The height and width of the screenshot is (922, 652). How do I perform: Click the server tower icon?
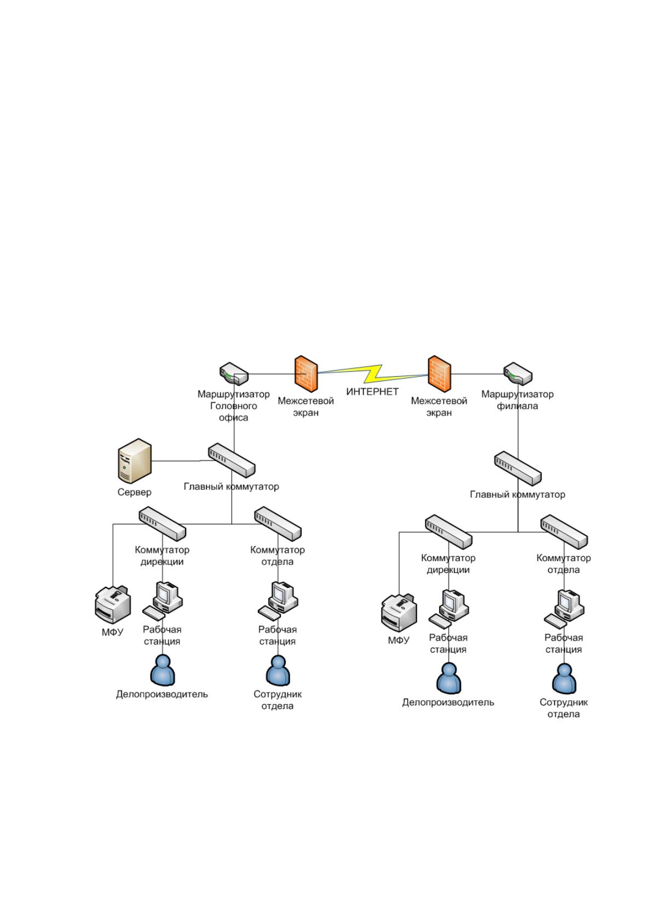pyautogui.click(x=134, y=460)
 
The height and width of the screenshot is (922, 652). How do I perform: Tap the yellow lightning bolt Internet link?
pyautogui.click(x=373, y=373)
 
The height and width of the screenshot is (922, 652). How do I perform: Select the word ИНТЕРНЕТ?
pyautogui.click(x=372, y=391)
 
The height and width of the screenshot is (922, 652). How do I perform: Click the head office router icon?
pyautogui.click(x=233, y=373)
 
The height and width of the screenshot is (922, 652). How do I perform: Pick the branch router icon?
pyautogui.click(x=518, y=373)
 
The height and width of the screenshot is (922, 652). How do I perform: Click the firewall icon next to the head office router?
pyautogui.click(x=306, y=374)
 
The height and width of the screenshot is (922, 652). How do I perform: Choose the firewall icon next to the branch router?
pyautogui.click(x=439, y=374)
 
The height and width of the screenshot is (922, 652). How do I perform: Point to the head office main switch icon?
pyautogui.click(x=232, y=460)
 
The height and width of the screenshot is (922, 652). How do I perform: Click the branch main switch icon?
pyautogui.click(x=518, y=469)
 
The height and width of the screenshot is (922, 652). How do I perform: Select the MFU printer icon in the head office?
pyautogui.click(x=113, y=604)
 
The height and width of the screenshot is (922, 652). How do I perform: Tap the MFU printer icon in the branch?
pyautogui.click(x=399, y=613)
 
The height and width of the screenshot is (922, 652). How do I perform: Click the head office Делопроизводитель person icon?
pyautogui.click(x=163, y=671)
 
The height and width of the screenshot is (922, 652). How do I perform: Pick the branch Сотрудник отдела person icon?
pyautogui.click(x=564, y=679)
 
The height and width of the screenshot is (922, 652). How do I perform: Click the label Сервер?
pyautogui.click(x=134, y=492)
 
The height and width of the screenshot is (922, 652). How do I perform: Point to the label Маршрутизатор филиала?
pyautogui.click(x=517, y=400)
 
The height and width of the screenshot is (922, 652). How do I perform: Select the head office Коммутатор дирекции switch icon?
pyautogui.click(x=162, y=523)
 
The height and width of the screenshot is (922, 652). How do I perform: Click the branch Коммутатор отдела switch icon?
pyautogui.click(x=564, y=532)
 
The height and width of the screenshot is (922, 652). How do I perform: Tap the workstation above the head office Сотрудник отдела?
pyautogui.click(x=278, y=601)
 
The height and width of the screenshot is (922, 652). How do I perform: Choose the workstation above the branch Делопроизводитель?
pyautogui.click(x=449, y=609)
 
